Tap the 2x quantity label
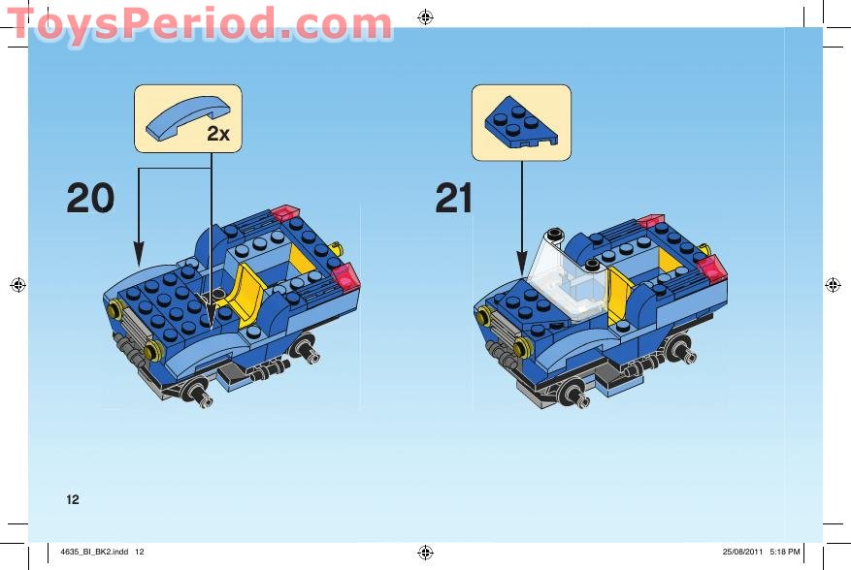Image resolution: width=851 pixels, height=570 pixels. coord(218,134)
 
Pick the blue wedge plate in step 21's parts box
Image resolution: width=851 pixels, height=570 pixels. coord(521,121)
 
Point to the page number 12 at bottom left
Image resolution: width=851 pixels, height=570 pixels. coord(72,500)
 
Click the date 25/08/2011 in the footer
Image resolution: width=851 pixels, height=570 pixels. coord(743,552)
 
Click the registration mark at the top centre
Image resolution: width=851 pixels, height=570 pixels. coord(425,16)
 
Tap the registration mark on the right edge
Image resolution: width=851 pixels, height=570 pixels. coord(832,284)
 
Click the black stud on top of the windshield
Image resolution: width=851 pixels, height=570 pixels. coord(554,235)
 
